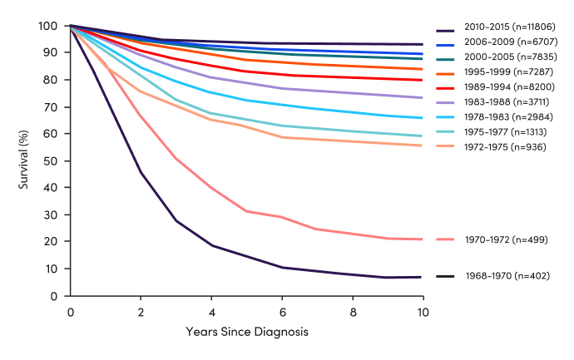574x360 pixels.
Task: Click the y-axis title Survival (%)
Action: [24, 160]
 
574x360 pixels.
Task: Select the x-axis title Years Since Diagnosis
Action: [246, 332]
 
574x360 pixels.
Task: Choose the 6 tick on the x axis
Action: [282, 312]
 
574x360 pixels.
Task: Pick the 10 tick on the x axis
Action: [423, 312]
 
